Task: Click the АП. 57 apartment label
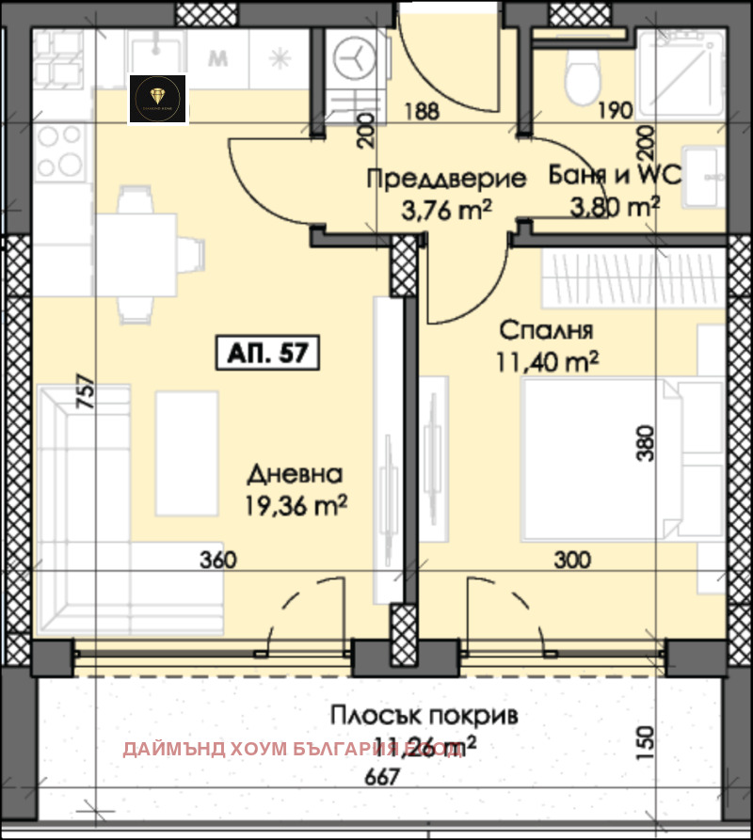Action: tap(268, 354)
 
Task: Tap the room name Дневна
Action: tap(296, 474)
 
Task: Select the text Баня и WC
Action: tap(615, 176)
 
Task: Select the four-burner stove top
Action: tap(58, 151)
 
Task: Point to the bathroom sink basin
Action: tap(702, 176)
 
